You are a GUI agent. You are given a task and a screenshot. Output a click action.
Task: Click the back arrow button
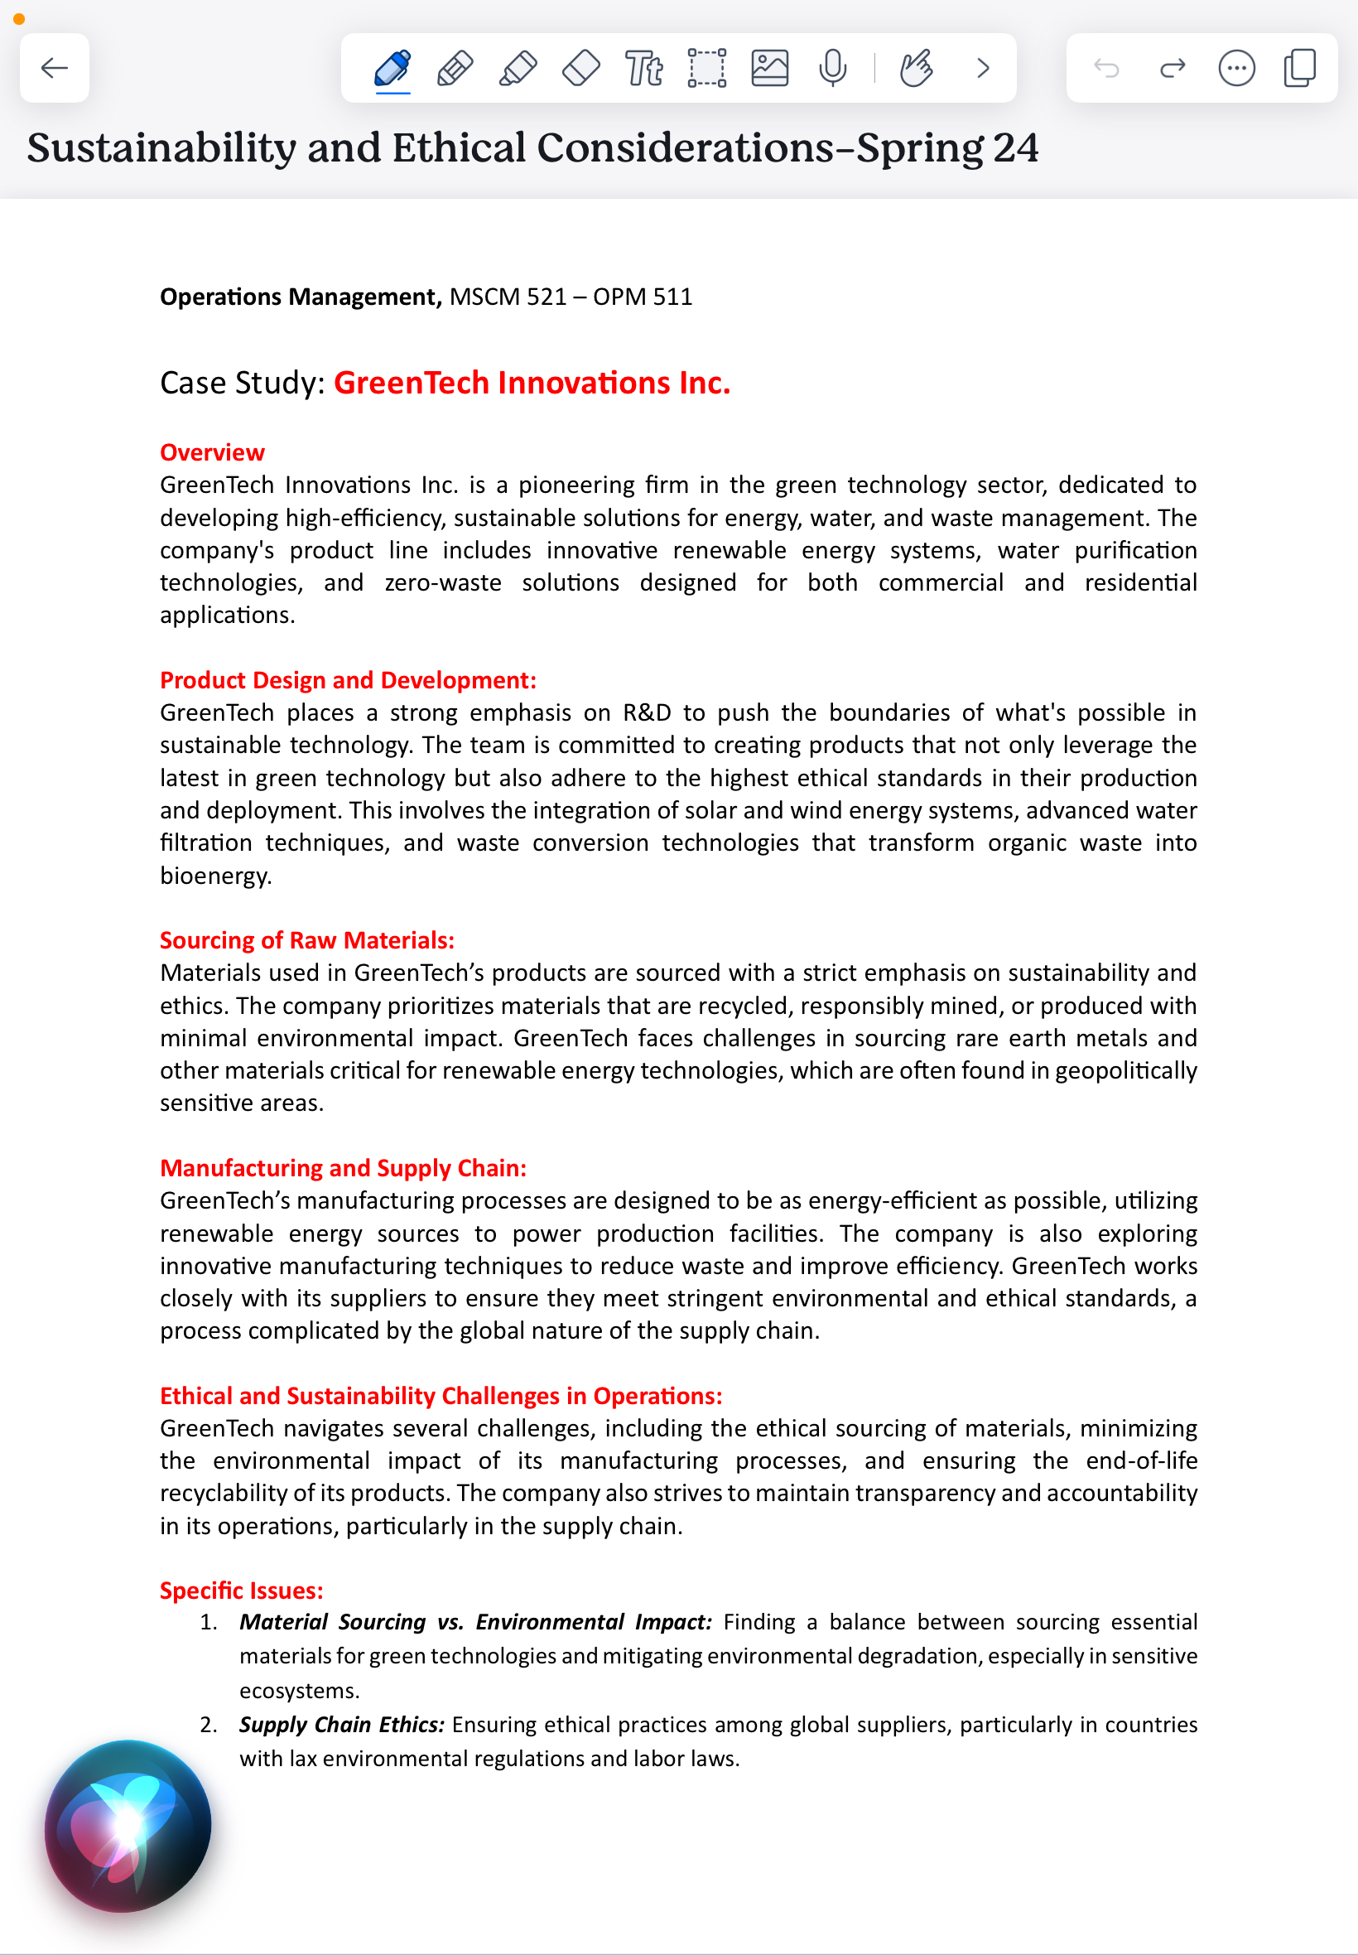pos(55,68)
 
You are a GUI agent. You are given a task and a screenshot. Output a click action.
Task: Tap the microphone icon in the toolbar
pos(832,68)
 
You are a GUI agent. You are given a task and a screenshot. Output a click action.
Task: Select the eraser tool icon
pos(581,68)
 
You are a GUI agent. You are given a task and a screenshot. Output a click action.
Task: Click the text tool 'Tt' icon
pos(643,68)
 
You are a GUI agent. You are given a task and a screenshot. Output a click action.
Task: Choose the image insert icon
pos(769,68)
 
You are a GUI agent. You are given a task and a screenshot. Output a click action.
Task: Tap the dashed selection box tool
pos(706,68)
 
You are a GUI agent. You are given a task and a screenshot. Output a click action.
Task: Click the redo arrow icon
pos(1173,68)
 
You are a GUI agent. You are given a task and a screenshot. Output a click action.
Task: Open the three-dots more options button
pos(1235,68)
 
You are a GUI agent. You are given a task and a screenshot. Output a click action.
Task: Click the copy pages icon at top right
pos(1299,68)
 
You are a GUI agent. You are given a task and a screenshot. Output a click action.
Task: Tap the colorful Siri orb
pos(128,1825)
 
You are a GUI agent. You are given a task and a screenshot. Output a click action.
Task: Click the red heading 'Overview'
pos(212,452)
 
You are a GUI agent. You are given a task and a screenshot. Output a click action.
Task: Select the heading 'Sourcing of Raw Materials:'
pos(307,939)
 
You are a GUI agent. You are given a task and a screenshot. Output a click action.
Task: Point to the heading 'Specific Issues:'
pos(242,1590)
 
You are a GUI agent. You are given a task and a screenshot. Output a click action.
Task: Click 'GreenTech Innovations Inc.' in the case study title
pos(532,383)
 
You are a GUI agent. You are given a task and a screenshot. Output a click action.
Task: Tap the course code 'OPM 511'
pos(643,297)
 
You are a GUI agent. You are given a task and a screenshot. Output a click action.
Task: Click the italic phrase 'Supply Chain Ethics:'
pos(341,1725)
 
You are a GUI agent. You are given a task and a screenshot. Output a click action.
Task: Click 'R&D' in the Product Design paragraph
pos(647,712)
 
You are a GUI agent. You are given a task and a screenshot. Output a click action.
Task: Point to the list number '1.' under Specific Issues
pos(209,1622)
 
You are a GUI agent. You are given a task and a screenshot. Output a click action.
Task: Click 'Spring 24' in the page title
pos(947,148)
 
